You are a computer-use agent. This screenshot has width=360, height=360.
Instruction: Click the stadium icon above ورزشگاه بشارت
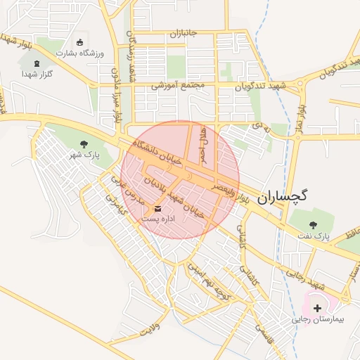point(79,42)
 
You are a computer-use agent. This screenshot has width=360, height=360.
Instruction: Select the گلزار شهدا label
point(39,72)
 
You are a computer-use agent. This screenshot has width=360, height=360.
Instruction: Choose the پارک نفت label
point(313,238)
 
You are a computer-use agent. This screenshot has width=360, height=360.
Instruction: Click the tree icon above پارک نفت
point(313,225)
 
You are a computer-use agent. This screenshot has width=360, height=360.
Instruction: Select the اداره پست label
point(160,219)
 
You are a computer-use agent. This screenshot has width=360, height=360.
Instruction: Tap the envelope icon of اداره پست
point(156,208)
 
